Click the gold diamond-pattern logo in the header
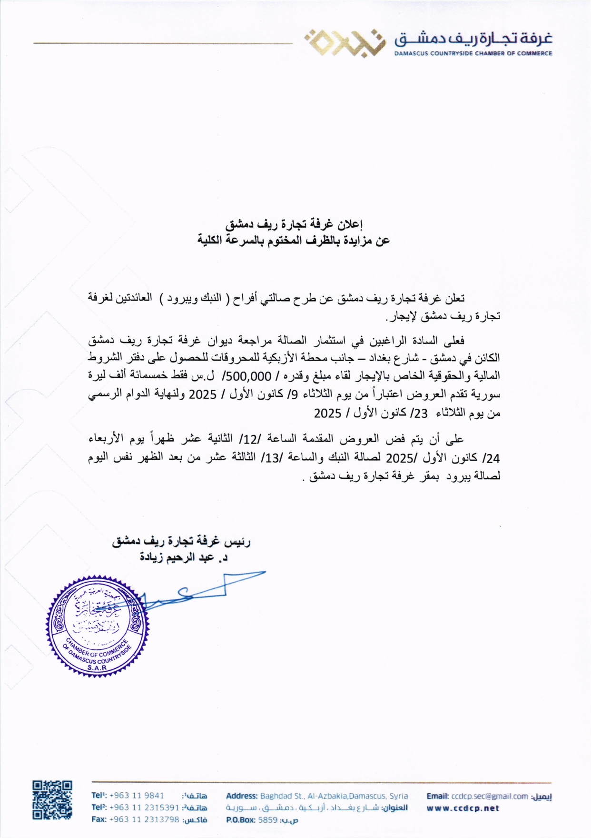point(342,42)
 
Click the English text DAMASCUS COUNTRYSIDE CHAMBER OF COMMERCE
point(473,53)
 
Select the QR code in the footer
point(52,800)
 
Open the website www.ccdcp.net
point(463,808)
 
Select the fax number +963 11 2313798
point(144,819)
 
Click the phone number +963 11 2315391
point(144,808)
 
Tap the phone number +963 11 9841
point(137,796)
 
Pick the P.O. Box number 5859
point(267,820)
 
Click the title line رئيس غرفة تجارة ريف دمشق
point(181,542)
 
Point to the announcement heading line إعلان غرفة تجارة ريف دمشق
point(294,224)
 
